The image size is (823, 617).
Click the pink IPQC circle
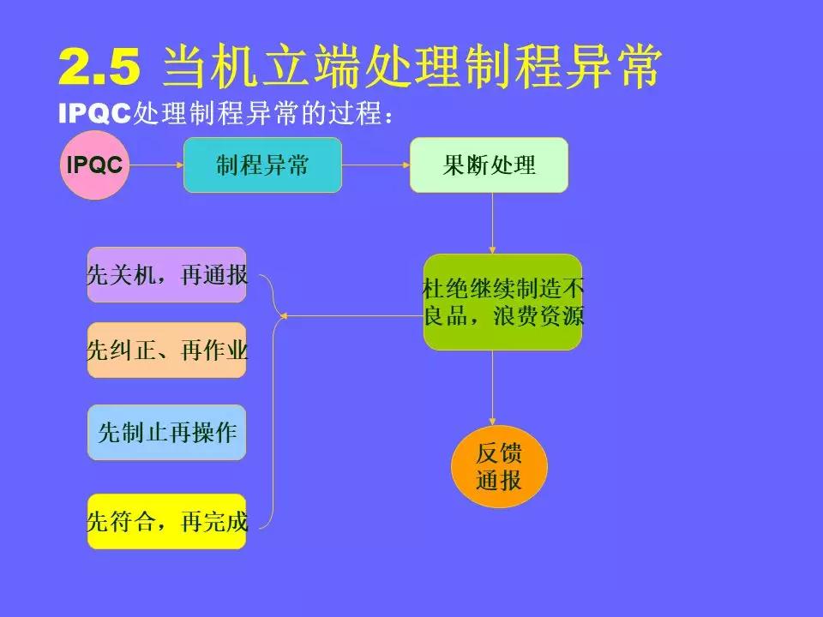94,165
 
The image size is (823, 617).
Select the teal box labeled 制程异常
262,165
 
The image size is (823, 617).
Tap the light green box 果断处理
489,165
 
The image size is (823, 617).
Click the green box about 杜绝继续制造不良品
502,302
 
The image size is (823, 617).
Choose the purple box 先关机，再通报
167,274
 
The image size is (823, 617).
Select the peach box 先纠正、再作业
167,350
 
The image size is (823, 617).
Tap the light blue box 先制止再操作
167,433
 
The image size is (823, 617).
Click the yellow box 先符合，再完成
167,521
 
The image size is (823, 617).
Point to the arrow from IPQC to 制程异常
156,165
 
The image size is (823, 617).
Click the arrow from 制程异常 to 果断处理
375,165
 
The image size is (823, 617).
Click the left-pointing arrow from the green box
351,316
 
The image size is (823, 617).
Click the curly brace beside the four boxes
272,398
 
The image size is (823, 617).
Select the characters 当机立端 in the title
261,67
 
